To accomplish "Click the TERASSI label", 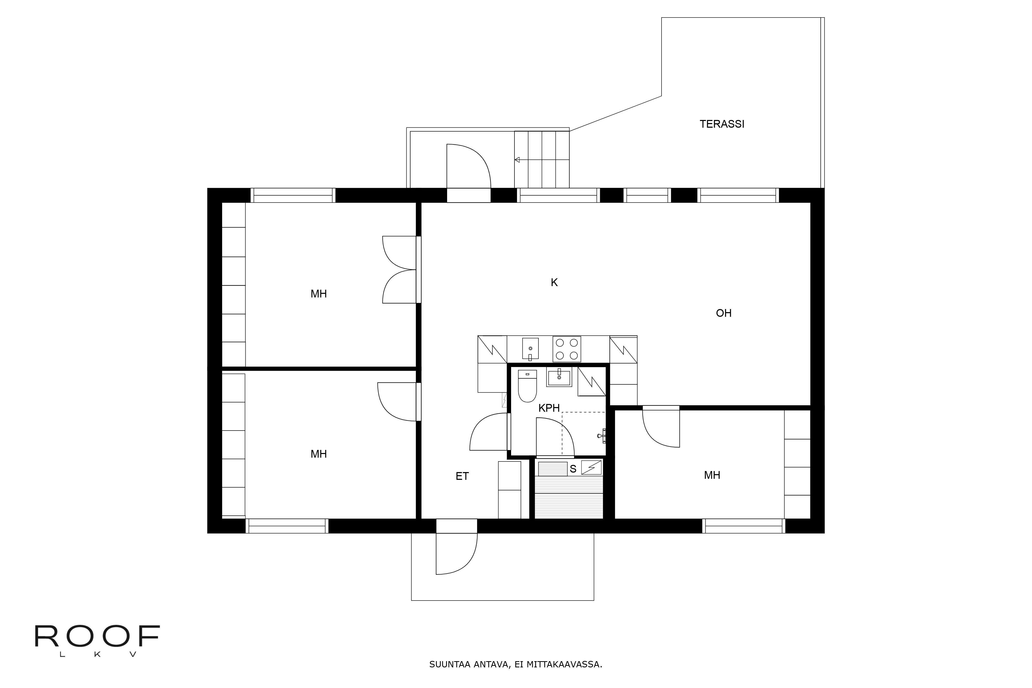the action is click(722, 124).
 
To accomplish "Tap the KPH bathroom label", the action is click(549, 408).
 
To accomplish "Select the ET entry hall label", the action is click(462, 476).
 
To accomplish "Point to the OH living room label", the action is click(723, 313).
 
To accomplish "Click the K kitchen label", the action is click(554, 282).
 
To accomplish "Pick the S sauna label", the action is click(573, 469).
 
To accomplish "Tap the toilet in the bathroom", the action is click(527, 386).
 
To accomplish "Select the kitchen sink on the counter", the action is click(530, 349).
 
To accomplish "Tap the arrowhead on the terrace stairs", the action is click(517, 160).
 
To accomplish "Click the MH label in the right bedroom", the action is click(712, 475).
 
